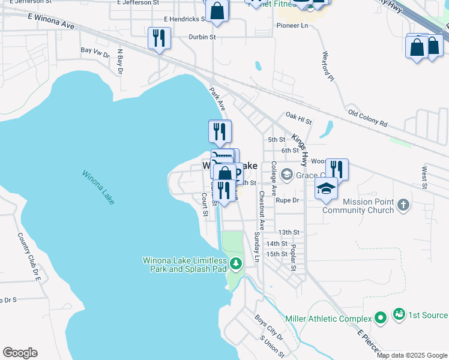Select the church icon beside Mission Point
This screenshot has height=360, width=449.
tap(403, 205)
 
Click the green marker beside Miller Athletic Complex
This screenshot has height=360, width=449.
tap(379, 317)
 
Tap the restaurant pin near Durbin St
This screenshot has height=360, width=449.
tap(159, 38)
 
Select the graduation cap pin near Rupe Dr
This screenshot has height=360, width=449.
tap(326, 188)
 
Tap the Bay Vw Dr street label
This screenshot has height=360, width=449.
tap(95, 55)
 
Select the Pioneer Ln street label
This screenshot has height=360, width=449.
tap(292, 26)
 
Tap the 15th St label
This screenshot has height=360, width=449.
tap(277, 254)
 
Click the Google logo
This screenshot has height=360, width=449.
tap(20, 353)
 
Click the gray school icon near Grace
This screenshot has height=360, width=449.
tap(286, 175)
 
